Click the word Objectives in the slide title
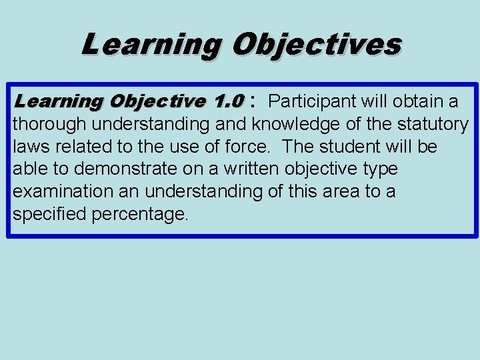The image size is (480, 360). tap(316, 45)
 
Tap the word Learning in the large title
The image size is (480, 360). tap(151, 45)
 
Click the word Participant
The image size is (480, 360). tap(315, 101)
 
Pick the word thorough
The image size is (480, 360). tap(50, 124)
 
